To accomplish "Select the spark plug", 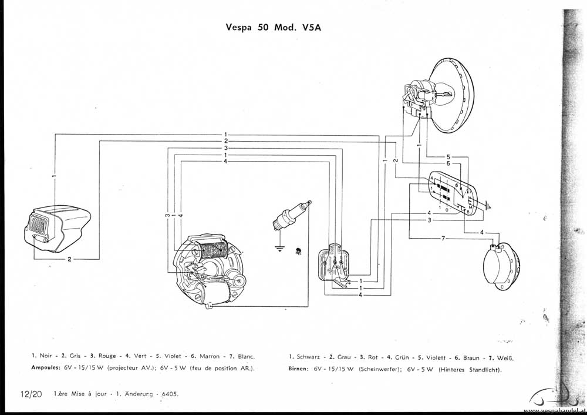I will coord(292,217).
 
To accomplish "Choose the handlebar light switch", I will coord(452,194).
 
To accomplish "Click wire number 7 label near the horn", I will coord(443,238).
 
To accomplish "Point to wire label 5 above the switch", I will coord(448,157).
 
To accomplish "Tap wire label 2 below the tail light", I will coord(69,259).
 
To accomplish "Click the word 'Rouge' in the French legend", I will coord(107,356).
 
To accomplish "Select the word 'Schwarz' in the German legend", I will coord(309,357).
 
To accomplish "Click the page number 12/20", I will coord(30,394).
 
